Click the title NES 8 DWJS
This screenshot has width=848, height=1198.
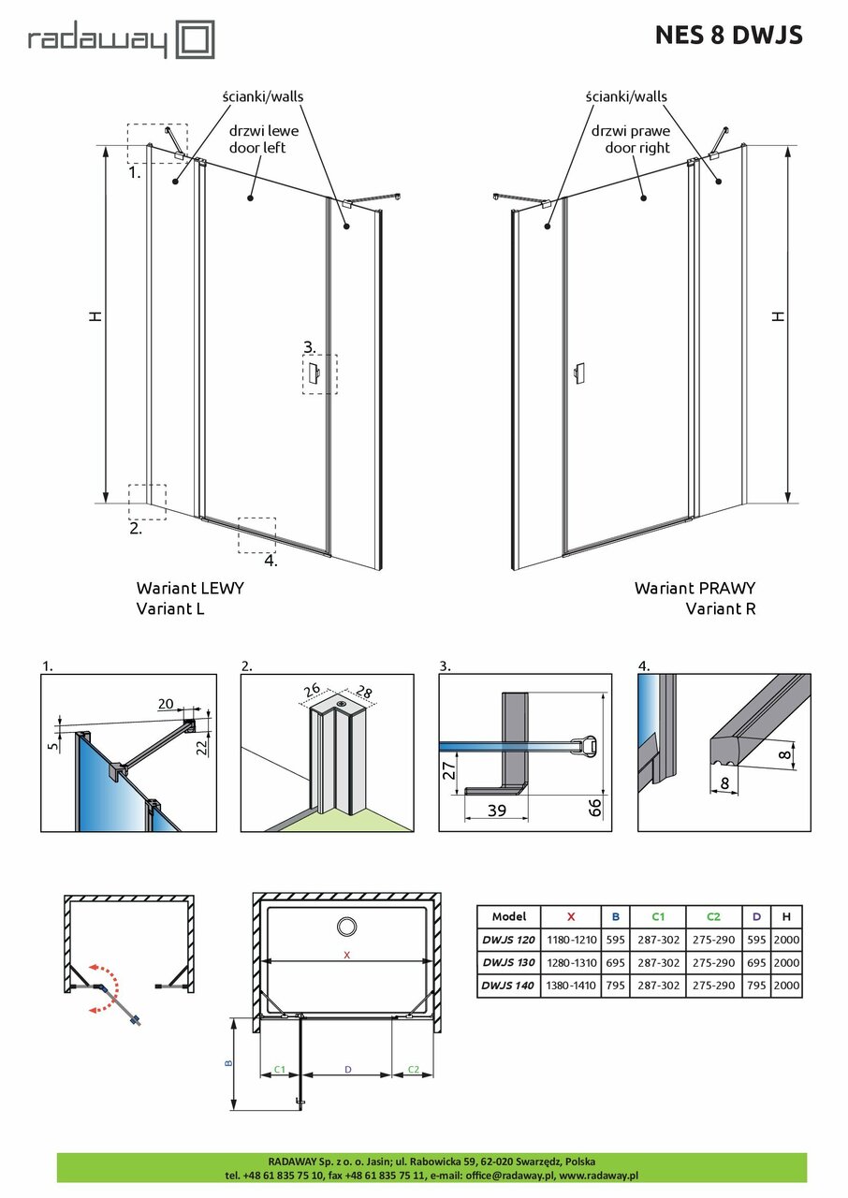tap(727, 35)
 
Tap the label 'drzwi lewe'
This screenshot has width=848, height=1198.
tap(256, 131)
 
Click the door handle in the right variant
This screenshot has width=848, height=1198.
tap(578, 372)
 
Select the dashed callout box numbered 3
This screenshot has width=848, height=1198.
tap(320, 373)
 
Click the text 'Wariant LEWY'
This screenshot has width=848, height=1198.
tap(190, 588)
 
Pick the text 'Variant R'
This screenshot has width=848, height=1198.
tap(720, 608)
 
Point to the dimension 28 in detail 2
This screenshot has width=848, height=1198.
tap(363, 693)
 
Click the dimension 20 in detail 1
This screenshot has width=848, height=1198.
tap(167, 703)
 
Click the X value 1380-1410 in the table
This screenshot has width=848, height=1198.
tap(571, 985)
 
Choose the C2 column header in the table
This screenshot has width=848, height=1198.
tap(712, 917)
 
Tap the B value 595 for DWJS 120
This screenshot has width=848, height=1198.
tap(615, 940)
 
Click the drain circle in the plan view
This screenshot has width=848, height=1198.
tap(346, 927)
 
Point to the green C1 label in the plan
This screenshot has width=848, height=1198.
tap(279, 1069)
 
